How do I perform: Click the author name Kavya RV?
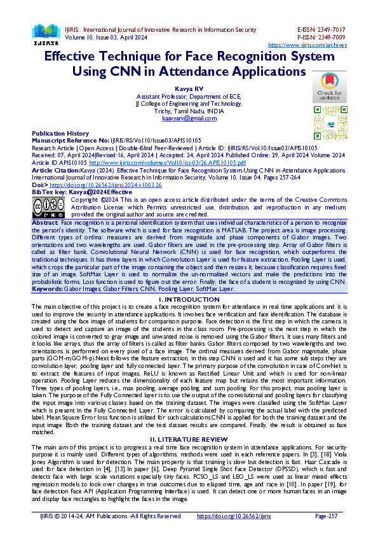189,88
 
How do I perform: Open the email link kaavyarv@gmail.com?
189,118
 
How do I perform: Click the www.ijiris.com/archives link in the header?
307,45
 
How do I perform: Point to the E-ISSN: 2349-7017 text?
321,30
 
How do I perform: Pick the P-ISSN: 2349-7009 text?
321,38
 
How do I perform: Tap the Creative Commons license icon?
48,207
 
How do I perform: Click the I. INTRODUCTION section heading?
189,299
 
